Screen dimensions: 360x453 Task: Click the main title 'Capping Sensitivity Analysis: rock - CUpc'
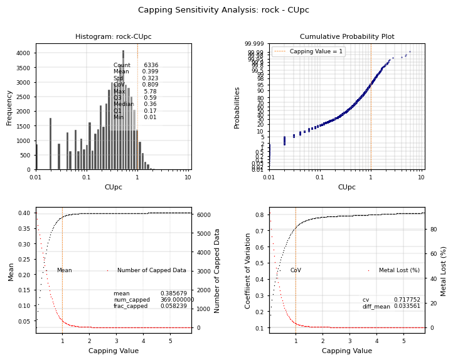click(223, 10)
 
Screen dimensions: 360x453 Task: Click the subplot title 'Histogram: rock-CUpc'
click(113, 37)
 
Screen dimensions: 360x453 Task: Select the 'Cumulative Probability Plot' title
click(346, 37)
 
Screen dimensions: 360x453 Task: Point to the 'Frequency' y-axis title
click(9, 107)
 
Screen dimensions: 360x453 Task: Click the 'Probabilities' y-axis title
click(237, 107)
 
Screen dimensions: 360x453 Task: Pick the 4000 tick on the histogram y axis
click(23, 53)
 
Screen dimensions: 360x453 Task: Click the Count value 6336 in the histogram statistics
click(151, 65)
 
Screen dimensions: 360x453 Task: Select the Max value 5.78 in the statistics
click(150, 92)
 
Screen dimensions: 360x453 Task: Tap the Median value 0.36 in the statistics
click(150, 105)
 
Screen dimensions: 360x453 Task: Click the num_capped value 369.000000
click(177, 300)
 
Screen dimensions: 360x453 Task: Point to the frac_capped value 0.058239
click(173, 306)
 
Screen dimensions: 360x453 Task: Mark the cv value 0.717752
click(407, 300)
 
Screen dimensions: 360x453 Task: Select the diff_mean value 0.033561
click(407, 306)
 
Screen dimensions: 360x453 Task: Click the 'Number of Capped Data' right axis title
click(217, 270)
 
